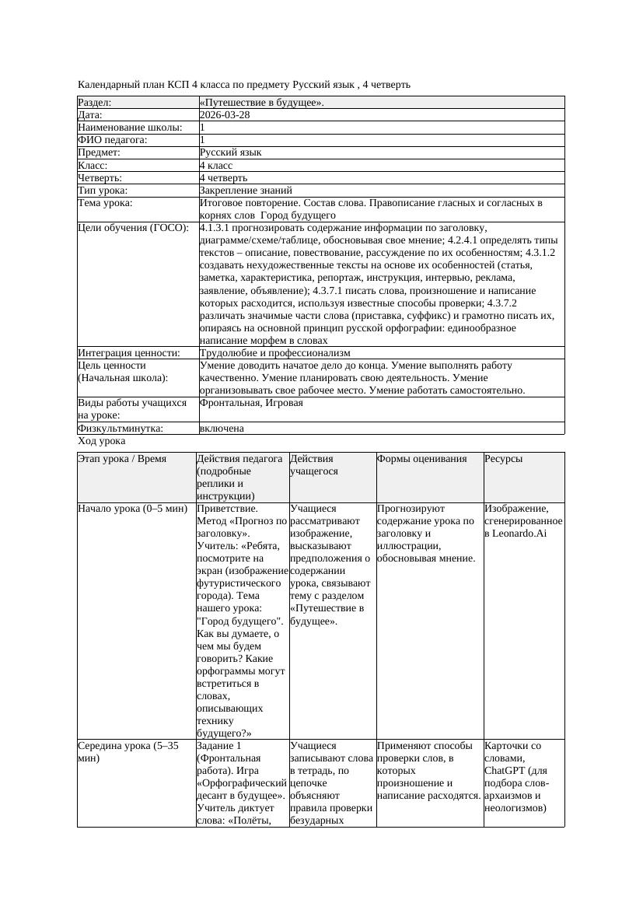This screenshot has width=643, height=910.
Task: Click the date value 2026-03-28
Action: [x=225, y=114]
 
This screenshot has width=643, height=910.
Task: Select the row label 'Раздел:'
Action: [x=95, y=102]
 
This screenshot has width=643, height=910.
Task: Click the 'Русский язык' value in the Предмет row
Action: [x=230, y=152]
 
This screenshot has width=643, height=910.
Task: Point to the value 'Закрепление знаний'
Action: [x=246, y=190]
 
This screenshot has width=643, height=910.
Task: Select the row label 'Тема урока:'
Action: [x=106, y=202]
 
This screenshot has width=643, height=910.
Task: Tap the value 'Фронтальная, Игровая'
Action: [x=251, y=403]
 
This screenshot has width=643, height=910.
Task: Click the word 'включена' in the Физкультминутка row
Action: [x=222, y=428]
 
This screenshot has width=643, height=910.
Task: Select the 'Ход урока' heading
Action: [x=102, y=441]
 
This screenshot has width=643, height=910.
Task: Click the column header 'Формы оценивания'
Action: [x=422, y=459]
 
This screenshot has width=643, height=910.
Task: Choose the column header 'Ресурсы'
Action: [x=503, y=459]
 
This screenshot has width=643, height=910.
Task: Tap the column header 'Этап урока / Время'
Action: [x=122, y=459]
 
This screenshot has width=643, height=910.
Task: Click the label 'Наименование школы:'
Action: [x=131, y=128]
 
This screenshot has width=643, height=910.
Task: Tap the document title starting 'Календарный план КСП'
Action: [x=244, y=84]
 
